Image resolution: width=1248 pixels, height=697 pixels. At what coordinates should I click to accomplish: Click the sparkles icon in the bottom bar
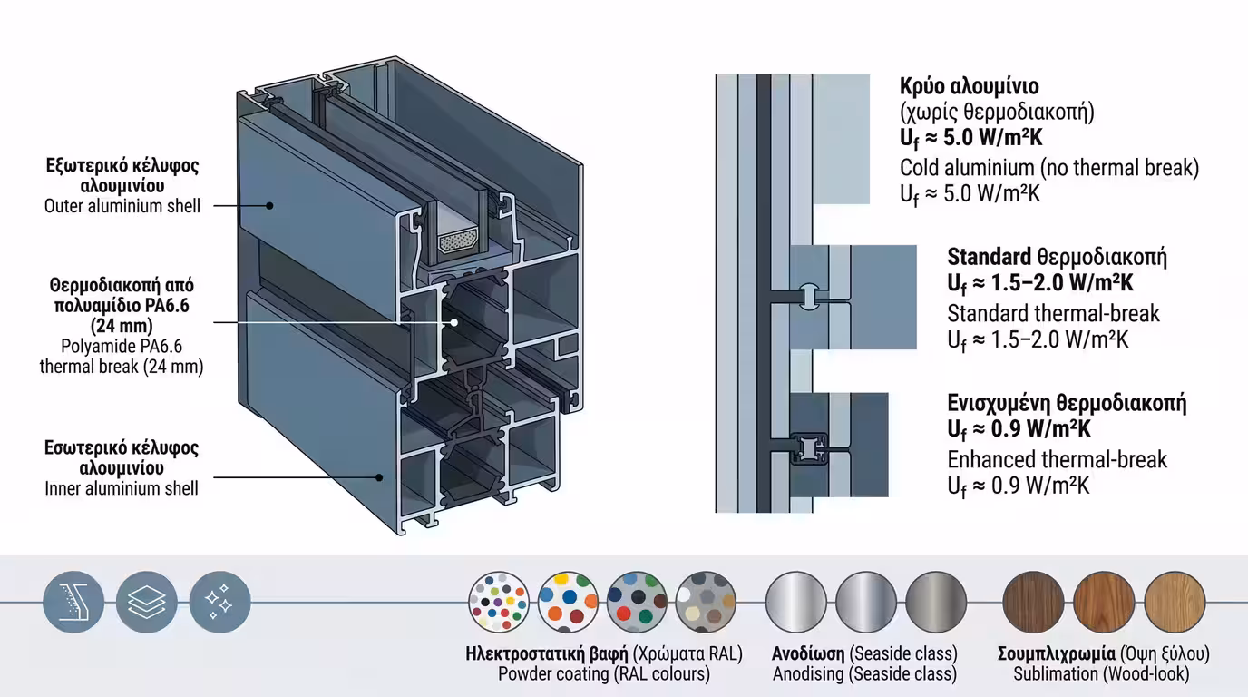[220, 602]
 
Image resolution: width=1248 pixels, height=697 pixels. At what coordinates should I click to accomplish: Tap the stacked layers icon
[147, 602]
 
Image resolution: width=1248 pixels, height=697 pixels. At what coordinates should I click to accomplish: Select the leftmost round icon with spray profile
[73, 602]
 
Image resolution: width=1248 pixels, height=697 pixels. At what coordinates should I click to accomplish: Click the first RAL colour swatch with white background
[499, 602]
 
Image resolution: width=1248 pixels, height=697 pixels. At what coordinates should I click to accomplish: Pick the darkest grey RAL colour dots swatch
[706, 602]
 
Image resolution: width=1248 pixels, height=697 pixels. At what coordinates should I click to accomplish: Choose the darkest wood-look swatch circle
[1033, 602]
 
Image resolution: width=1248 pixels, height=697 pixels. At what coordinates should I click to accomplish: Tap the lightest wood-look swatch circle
[1175, 602]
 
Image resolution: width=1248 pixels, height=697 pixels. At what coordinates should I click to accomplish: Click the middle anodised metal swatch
[866, 602]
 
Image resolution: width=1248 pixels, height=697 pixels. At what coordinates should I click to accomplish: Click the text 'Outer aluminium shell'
[122, 206]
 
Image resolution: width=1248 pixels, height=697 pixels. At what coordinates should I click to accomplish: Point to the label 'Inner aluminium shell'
[122, 489]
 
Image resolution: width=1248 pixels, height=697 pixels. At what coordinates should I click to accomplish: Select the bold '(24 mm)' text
[122, 325]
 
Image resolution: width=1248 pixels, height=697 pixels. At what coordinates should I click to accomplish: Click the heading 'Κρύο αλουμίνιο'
[969, 87]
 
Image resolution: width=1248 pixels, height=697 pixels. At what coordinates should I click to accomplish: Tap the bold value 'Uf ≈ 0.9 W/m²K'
[1019, 429]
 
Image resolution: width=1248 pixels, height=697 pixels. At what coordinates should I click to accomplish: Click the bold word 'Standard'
[990, 257]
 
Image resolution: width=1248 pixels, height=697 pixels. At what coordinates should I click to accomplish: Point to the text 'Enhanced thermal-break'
[1058, 459]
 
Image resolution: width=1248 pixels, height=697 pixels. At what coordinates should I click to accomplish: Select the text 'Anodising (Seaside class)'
[864, 674]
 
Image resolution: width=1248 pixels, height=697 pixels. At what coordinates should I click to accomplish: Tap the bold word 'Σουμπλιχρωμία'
[1057, 653]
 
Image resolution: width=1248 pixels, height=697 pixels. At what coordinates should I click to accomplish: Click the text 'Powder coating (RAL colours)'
[604, 674]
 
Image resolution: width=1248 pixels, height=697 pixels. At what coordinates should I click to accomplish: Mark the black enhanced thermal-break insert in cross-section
[809, 447]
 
